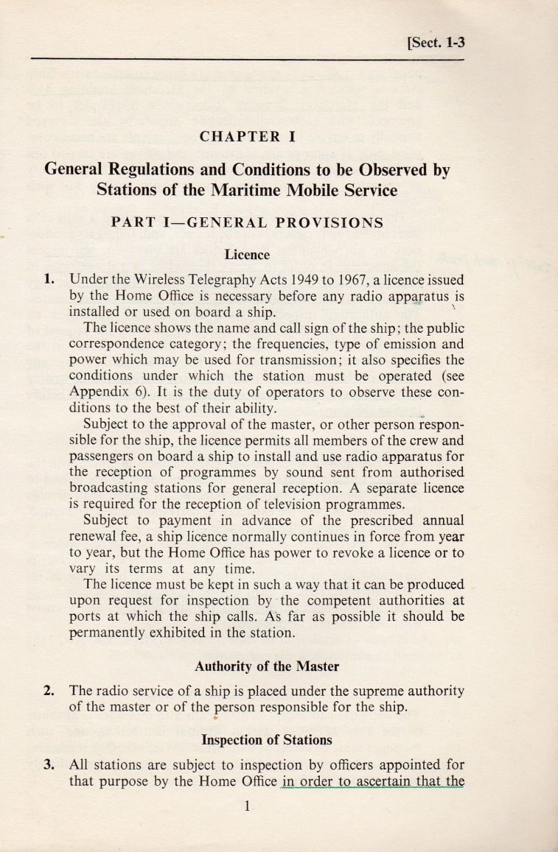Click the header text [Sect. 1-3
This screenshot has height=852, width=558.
coord(436,42)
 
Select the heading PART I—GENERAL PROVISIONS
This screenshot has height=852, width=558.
coord(247,223)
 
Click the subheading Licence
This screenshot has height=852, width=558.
coord(247,255)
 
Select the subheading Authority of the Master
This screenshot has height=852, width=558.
coord(267,666)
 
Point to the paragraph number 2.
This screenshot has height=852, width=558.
coord(49,691)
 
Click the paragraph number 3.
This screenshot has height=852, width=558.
coord(49,764)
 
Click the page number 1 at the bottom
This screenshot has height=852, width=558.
coord(248,806)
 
